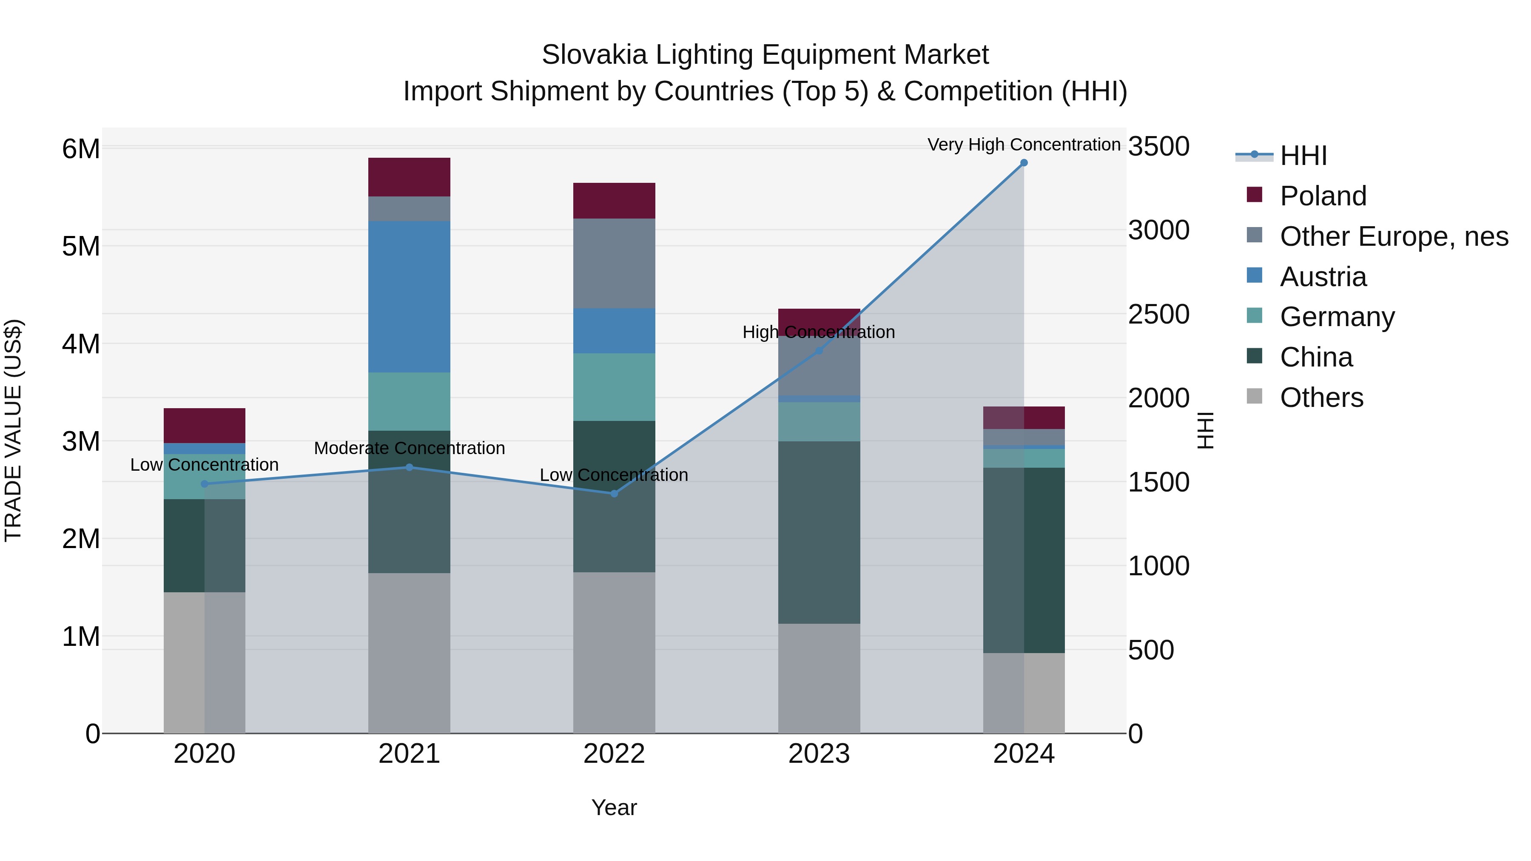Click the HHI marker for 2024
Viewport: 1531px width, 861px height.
[x=1024, y=163]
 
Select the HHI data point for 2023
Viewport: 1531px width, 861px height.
[x=818, y=351]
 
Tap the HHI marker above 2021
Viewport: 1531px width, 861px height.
[x=409, y=467]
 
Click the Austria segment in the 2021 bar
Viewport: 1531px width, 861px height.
[x=409, y=297]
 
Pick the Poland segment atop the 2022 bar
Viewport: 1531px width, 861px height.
[x=614, y=201]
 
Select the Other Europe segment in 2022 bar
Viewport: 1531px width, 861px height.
[x=614, y=263]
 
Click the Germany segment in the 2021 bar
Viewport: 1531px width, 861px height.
[x=409, y=402]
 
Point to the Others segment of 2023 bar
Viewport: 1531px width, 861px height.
[x=818, y=678]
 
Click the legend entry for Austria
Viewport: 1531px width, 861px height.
[x=1323, y=277]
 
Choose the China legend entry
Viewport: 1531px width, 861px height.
[x=1316, y=357]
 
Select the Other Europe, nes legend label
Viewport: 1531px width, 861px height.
[x=1394, y=236]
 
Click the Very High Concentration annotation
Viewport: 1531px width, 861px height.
[x=1024, y=145]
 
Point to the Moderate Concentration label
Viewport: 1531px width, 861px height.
[x=409, y=448]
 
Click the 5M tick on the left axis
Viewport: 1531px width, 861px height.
[x=81, y=246]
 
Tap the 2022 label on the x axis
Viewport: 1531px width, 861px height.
[x=614, y=754]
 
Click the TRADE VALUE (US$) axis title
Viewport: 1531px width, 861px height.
[x=13, y=430]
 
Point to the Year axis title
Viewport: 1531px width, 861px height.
[x=614, y=807]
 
